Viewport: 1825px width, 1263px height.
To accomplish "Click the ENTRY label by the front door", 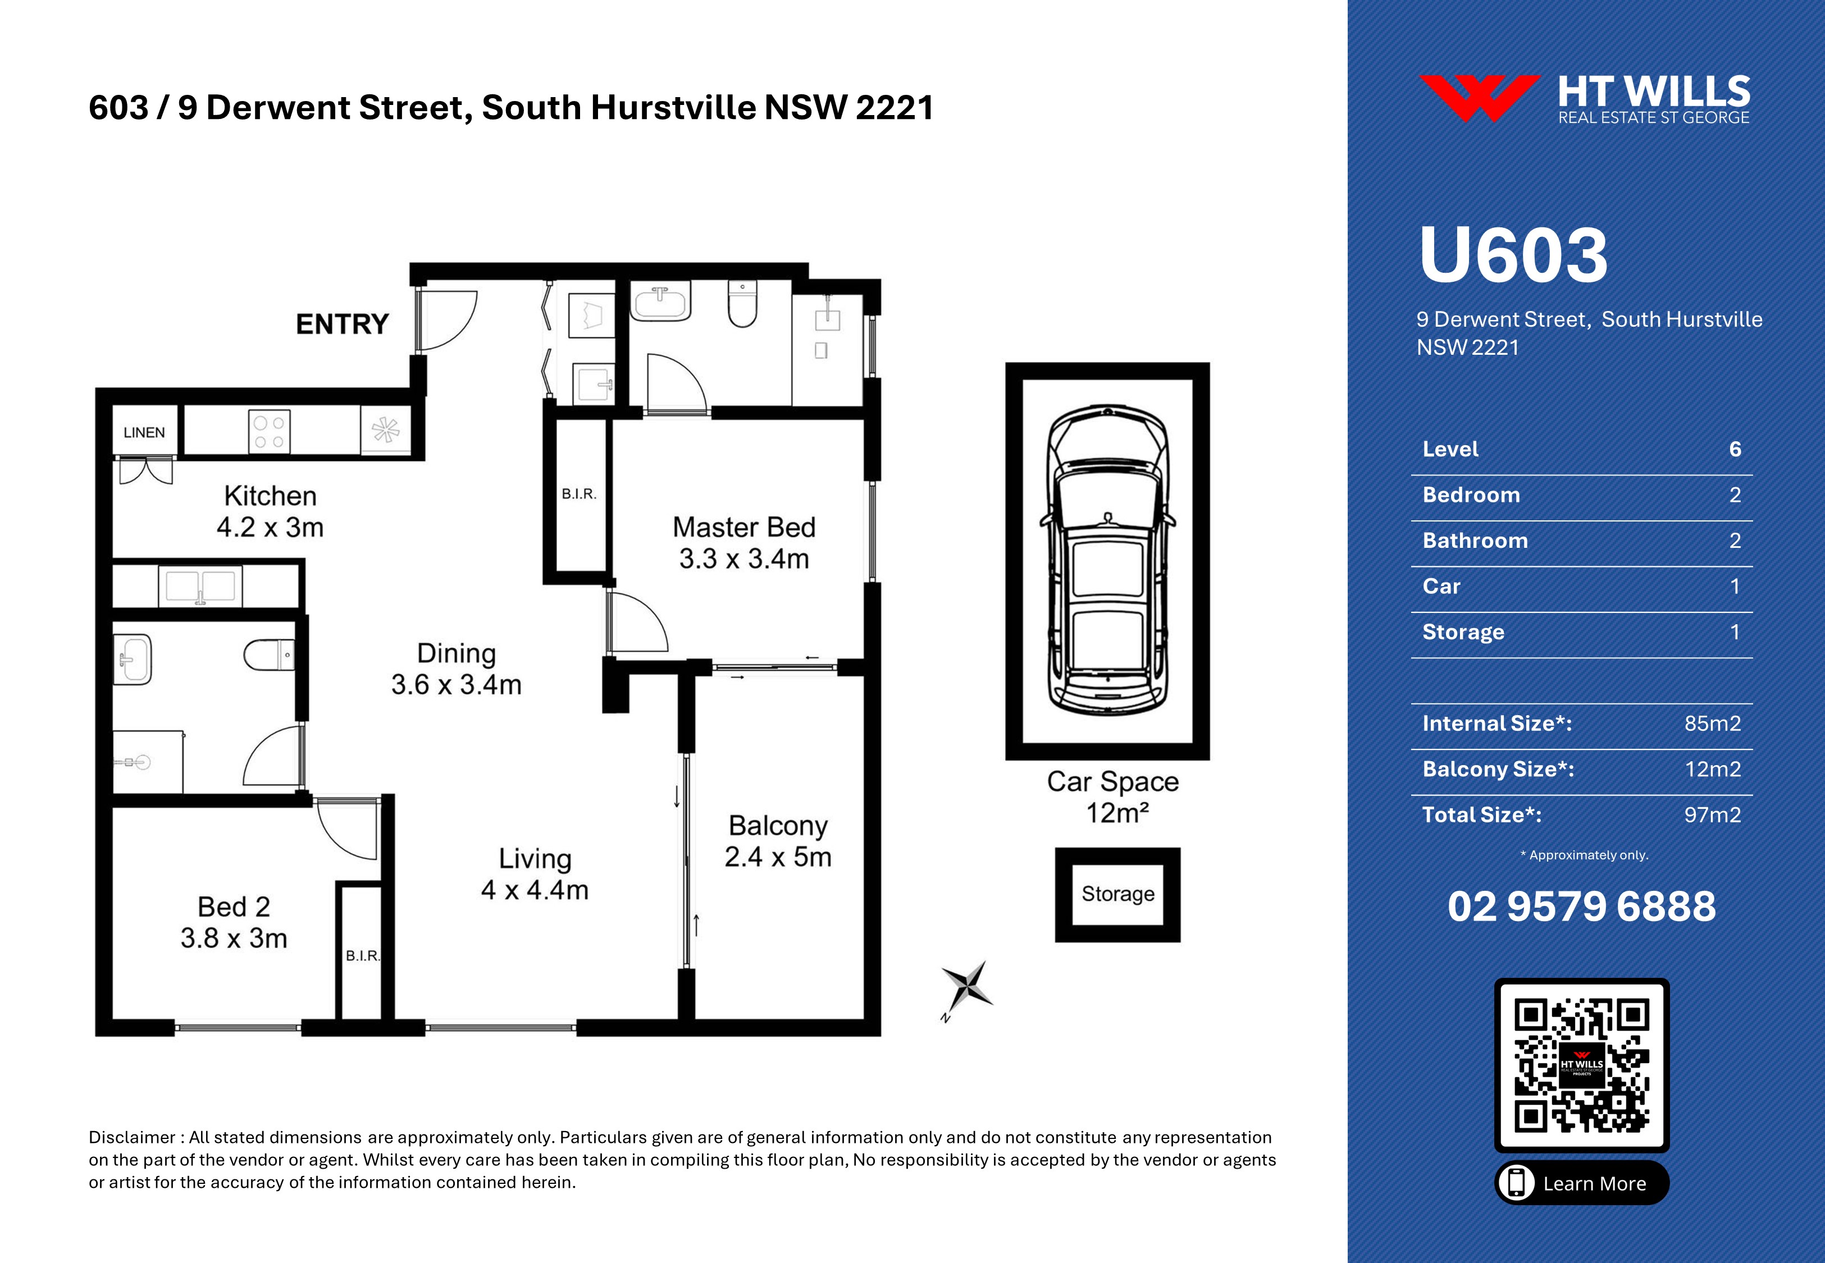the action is (342, 324).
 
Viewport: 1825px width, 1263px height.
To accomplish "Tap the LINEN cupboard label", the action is (144, 432).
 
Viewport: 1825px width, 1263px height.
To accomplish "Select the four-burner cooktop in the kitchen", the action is (269, 431).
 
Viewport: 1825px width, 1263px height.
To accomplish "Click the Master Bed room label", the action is (744, 543).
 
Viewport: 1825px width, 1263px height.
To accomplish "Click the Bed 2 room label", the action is (234, 922).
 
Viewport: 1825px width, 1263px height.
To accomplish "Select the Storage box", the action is (1117, 894).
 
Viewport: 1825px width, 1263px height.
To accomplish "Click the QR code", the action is (1581, 1065).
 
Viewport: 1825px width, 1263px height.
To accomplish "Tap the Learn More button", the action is (1582, 1183).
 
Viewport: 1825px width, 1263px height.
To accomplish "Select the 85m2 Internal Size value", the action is (1713, 724).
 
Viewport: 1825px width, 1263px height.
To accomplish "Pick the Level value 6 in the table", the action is (1735, 449).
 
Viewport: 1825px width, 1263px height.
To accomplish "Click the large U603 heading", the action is (1513, 255).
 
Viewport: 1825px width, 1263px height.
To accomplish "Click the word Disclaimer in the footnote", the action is (132, 1137).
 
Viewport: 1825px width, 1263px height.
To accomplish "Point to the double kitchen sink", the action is (201, 585).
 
